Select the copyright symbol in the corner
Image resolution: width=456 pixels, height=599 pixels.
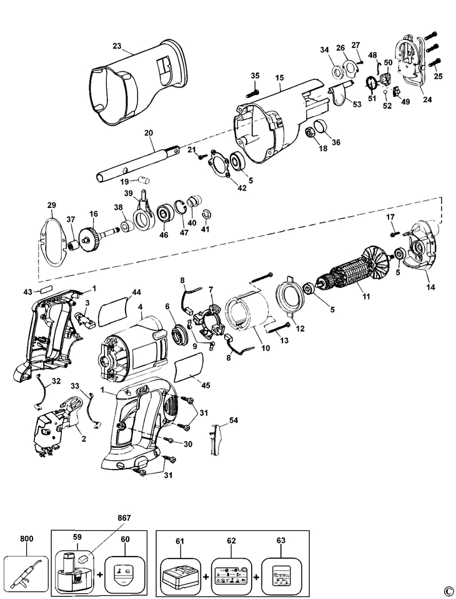tap(447, 590)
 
